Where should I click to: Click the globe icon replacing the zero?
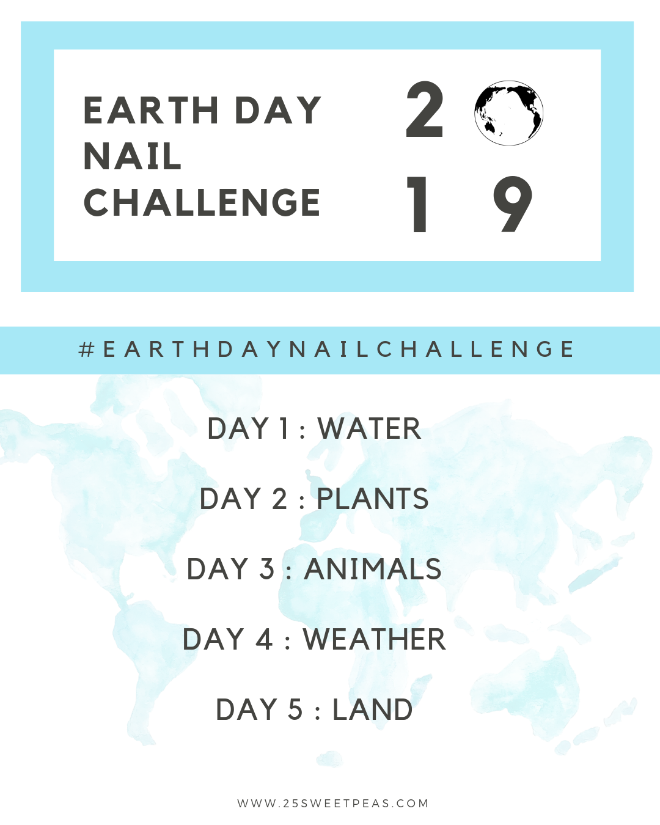508,113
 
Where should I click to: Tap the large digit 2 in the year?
424,111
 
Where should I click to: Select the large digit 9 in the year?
512,205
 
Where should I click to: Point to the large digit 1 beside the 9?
419,205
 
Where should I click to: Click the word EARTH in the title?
151,111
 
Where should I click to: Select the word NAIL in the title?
133,156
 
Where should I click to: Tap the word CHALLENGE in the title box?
202,203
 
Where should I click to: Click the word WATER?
369,428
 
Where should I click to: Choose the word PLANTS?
373,499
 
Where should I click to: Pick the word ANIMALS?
373,569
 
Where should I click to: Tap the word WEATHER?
374,639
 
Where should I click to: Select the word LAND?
372,710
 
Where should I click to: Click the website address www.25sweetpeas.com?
333,803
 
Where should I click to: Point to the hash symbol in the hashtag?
87,350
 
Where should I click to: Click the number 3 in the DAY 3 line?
266,569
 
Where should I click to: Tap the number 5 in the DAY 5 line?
295,710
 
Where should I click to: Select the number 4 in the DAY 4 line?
264,639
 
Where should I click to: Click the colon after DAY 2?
302,502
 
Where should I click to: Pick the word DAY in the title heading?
278,111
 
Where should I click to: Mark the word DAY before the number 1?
238,428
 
